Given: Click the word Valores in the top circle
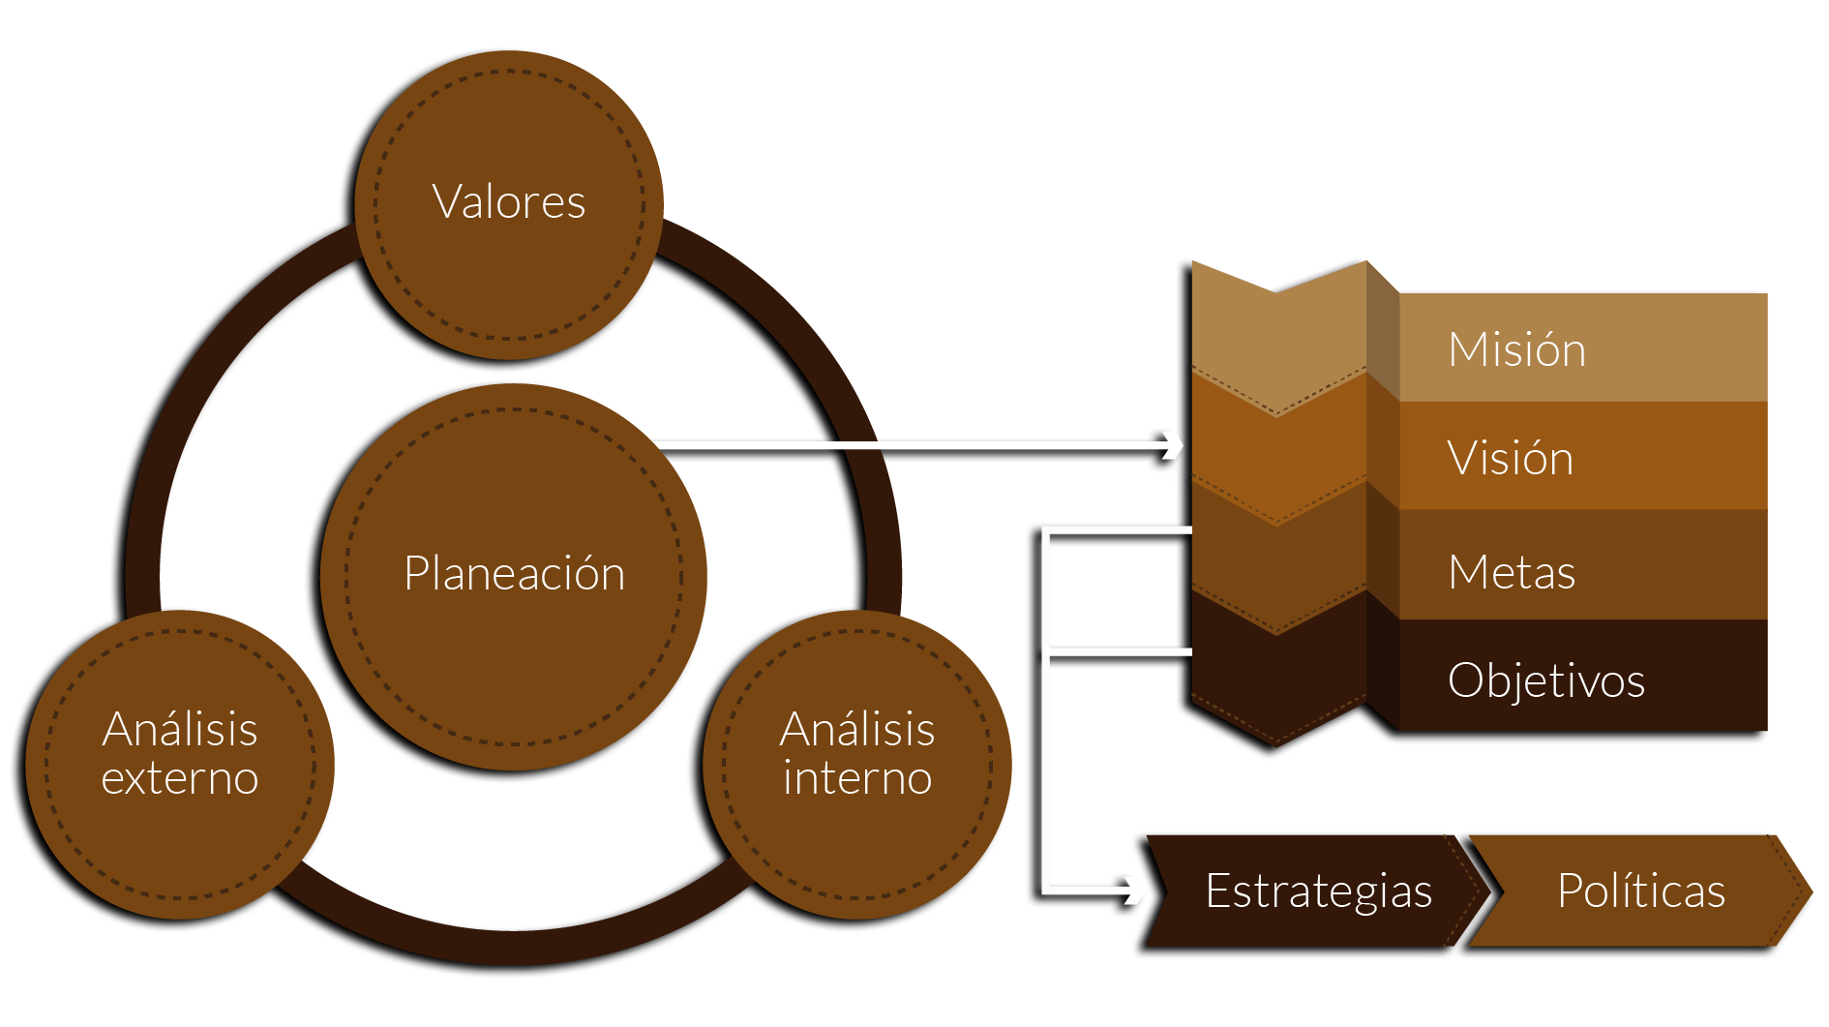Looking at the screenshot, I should (509, 202).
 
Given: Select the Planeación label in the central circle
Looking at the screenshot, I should (514, 573).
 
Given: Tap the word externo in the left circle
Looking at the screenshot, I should (180, 778).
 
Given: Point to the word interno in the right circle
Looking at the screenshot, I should (857, 778).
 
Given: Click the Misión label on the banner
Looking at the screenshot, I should (1516, 349).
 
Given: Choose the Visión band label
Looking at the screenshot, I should (1510, 458).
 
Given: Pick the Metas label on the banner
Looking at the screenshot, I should (1512, 572).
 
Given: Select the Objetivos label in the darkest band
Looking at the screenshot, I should (1545, 680).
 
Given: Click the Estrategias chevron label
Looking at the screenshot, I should (1318, 891).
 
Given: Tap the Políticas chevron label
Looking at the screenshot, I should (1641, 891).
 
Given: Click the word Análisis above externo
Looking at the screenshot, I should (180, 729).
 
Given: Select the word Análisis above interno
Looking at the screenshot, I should (857, 729).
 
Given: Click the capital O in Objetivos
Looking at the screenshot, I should (1467, 680).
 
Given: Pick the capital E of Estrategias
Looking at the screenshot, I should (1217, 891).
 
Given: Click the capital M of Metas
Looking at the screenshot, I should (1469, 572).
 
